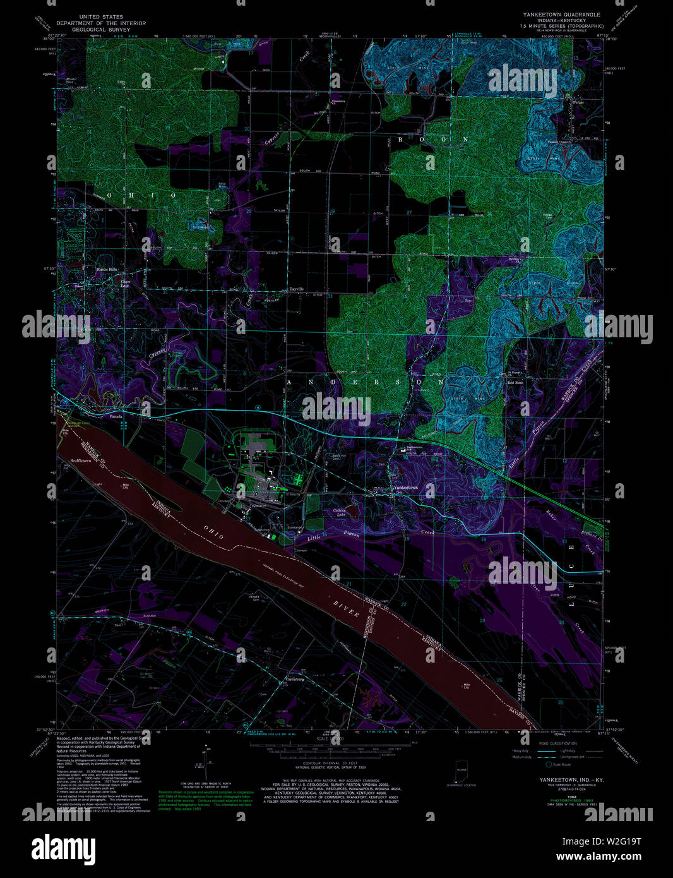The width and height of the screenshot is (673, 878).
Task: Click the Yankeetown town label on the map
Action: [405, 488]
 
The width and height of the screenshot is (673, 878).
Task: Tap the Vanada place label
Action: [115, 417]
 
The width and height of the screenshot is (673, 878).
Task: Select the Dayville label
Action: [296, 289]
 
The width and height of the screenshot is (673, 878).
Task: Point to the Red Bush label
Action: [516, 383]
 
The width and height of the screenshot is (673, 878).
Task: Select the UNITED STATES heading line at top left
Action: [101, 17]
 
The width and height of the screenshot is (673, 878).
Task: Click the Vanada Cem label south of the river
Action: [253, 598]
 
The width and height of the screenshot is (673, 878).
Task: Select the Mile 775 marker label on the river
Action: [124, 486]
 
